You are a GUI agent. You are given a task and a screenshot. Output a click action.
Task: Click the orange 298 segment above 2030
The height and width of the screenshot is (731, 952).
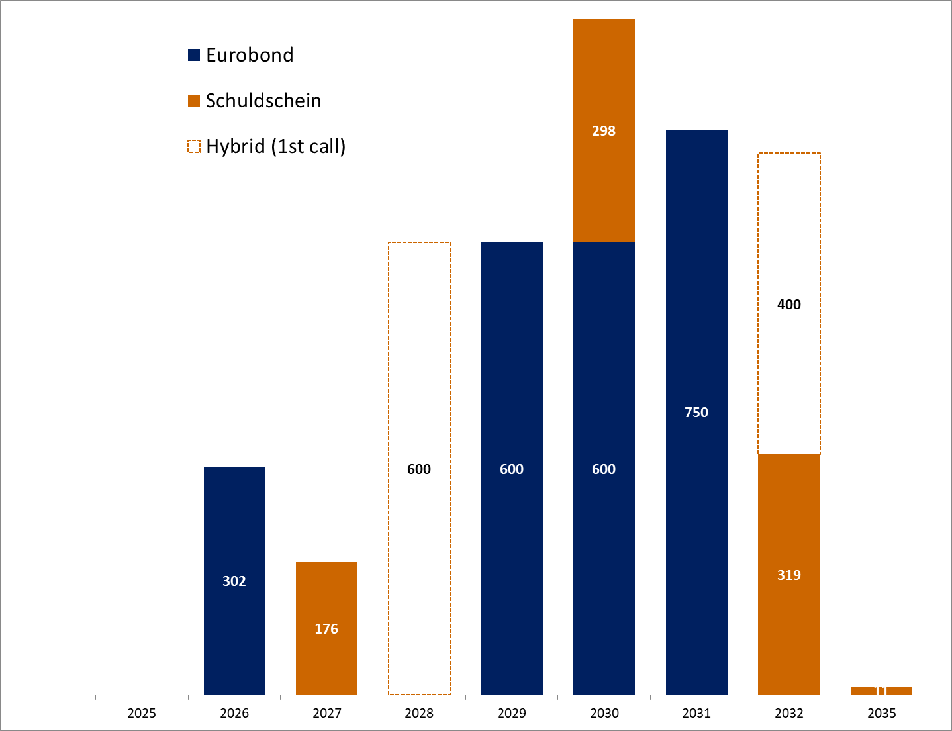tap(604, 172)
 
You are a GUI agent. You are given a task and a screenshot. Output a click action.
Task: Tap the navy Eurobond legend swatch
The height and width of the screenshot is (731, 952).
tap(194, 55)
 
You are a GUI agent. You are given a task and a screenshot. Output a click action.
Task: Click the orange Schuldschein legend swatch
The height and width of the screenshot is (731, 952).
tap(194, 101)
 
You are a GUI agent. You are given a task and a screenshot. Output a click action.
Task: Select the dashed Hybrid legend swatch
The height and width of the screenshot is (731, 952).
tap(194, 146)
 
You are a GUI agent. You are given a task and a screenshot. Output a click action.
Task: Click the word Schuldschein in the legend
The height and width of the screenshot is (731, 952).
tap(263, 101)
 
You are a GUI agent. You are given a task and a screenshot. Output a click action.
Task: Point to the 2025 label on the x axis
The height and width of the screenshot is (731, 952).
tap(142, 713)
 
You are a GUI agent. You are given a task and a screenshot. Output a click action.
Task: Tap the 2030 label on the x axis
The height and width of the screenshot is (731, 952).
tap(604, 713)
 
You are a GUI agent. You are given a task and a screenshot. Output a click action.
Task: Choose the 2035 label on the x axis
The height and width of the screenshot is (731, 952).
tap(881, 713)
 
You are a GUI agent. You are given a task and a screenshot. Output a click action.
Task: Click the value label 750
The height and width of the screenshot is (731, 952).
tap(696, 413)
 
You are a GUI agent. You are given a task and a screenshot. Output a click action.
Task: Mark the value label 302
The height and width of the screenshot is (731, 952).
tap(234, 581)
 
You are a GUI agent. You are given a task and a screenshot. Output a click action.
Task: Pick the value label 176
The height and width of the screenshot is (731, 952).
tap(326, 629)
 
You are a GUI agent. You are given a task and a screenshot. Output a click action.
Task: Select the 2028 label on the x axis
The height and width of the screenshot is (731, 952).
tap(419, 713)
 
